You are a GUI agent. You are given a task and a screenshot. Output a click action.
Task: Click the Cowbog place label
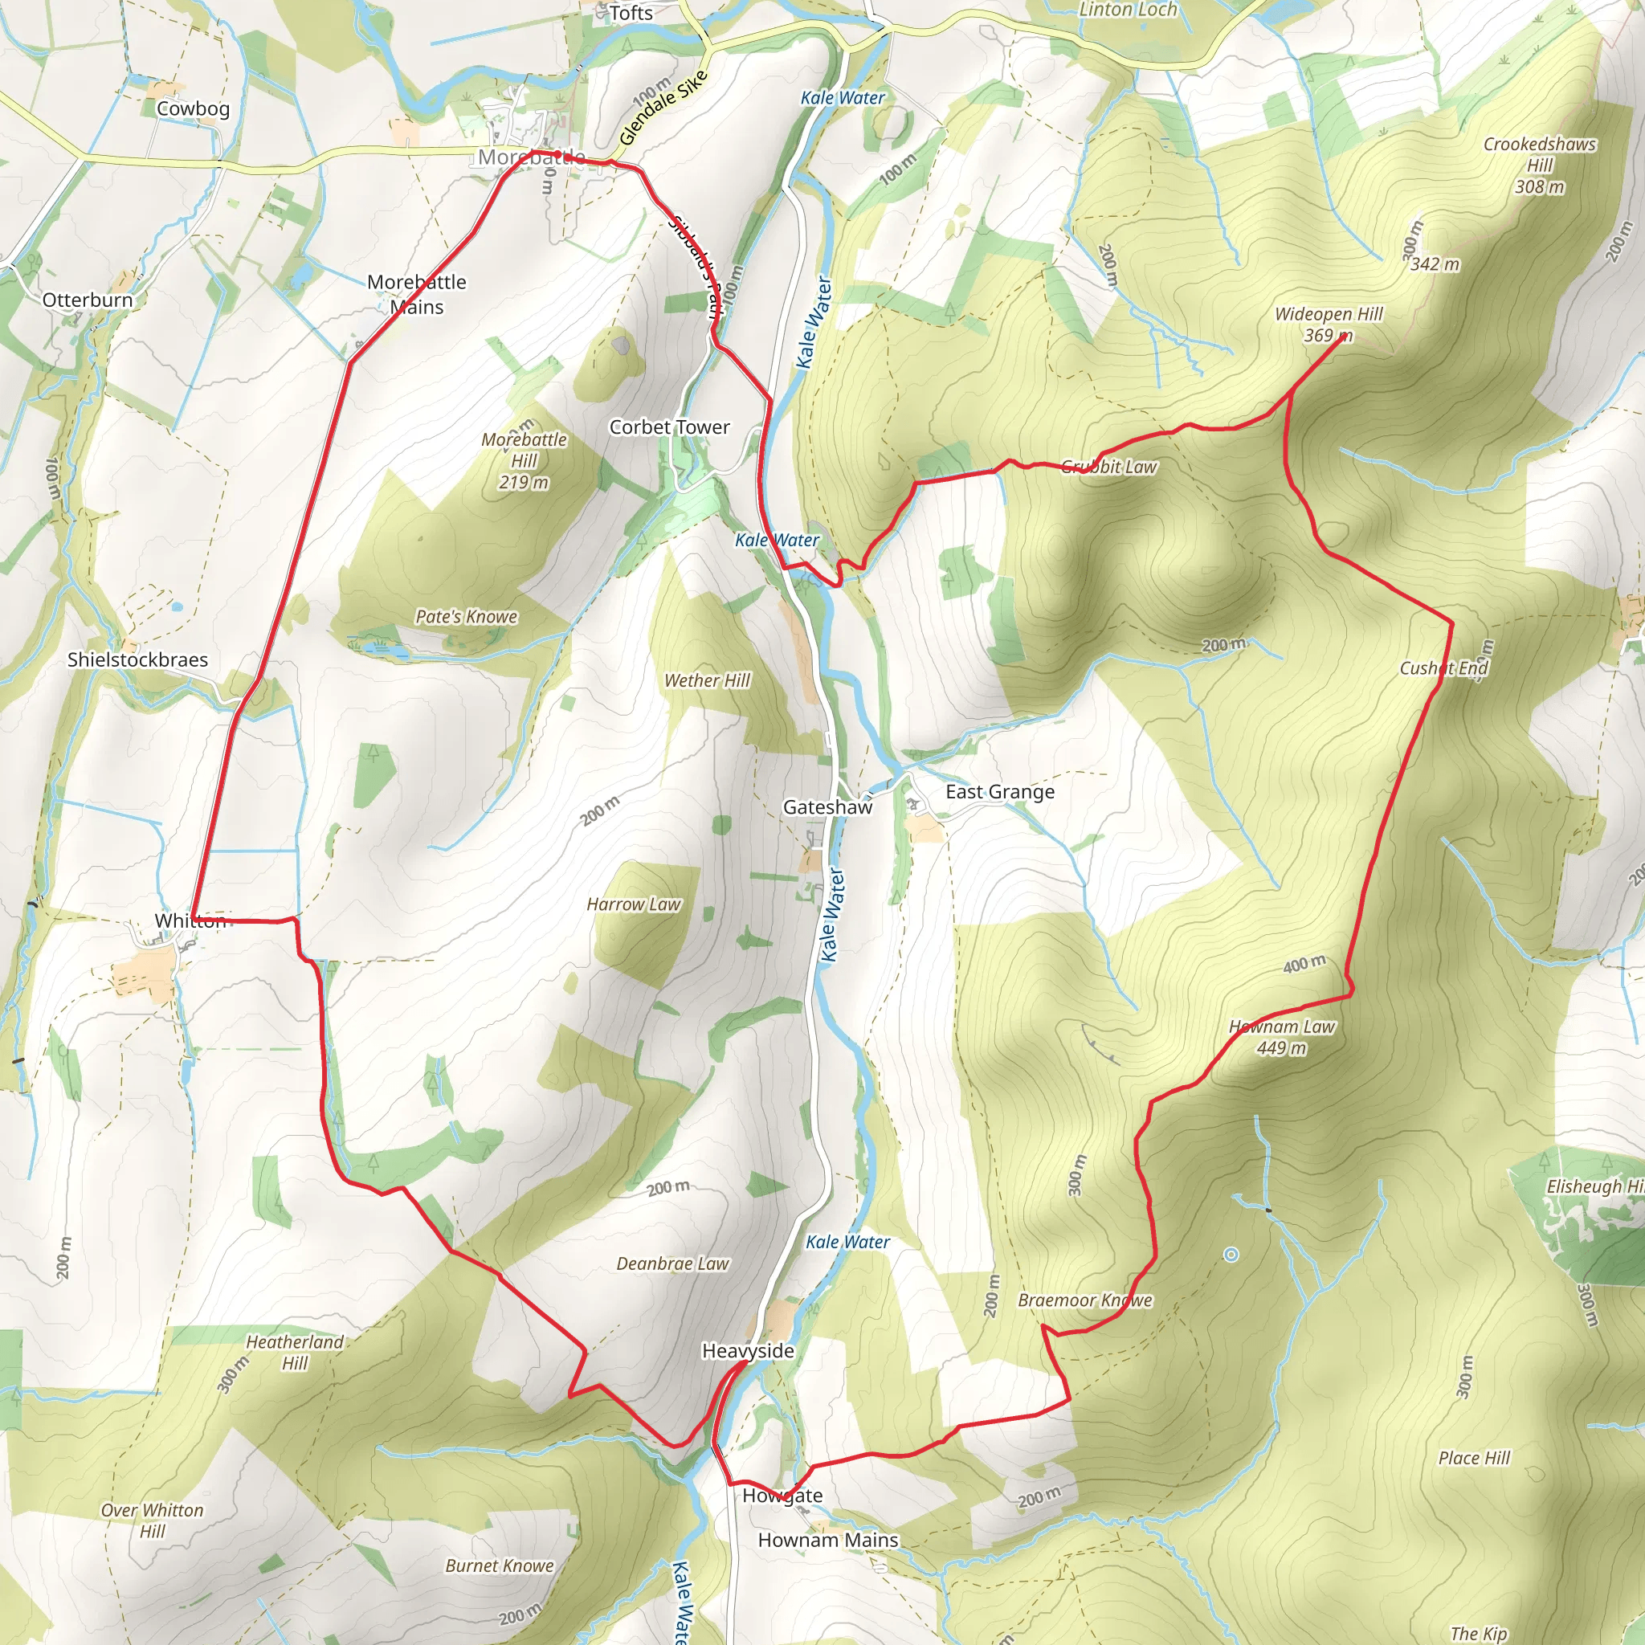coord(194,109)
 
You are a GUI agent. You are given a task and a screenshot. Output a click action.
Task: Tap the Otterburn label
coord(88,300)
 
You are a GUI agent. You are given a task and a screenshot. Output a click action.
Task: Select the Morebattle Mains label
coord(416,294)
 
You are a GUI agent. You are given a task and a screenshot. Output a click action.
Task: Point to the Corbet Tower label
coord(669,427)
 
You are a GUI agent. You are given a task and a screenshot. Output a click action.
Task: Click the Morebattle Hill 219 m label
coord(524,460)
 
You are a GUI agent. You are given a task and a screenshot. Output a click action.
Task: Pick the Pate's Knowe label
coord(466,616)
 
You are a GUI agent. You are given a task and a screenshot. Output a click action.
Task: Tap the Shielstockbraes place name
coord(137,660)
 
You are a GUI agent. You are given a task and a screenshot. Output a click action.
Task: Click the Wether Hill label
coord(707,680)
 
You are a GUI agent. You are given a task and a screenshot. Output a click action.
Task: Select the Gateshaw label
coord(827,807)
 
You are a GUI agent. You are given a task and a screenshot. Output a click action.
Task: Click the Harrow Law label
coord(634,904)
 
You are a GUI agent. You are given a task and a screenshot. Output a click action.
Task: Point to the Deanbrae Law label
coord(672,1263)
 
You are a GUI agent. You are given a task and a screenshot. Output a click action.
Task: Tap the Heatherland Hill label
coord(295,1352)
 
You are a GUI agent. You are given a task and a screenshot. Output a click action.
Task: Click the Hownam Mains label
coord(827,1541)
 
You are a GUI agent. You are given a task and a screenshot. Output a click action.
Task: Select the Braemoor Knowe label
coord(1084,1300)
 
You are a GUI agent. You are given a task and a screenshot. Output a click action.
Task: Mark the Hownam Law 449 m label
coord(1281,1037)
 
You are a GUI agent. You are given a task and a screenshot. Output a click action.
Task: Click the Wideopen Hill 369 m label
coord(1329,325)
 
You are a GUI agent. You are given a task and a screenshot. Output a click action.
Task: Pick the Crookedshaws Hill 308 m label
coord(1540,165)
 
